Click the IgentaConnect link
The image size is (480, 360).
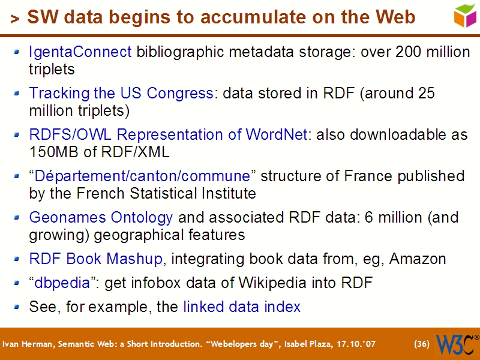pos(80,52)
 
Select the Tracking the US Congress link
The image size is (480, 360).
pos(121,94)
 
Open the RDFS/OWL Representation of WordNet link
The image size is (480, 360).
pos(168,134)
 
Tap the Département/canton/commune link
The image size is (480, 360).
pos(142,176)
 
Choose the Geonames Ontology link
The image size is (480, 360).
pos(101,217)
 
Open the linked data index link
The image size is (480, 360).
pos(242,307)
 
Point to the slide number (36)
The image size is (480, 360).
pos(422,344)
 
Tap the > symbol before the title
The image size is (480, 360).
pos(15,19)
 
